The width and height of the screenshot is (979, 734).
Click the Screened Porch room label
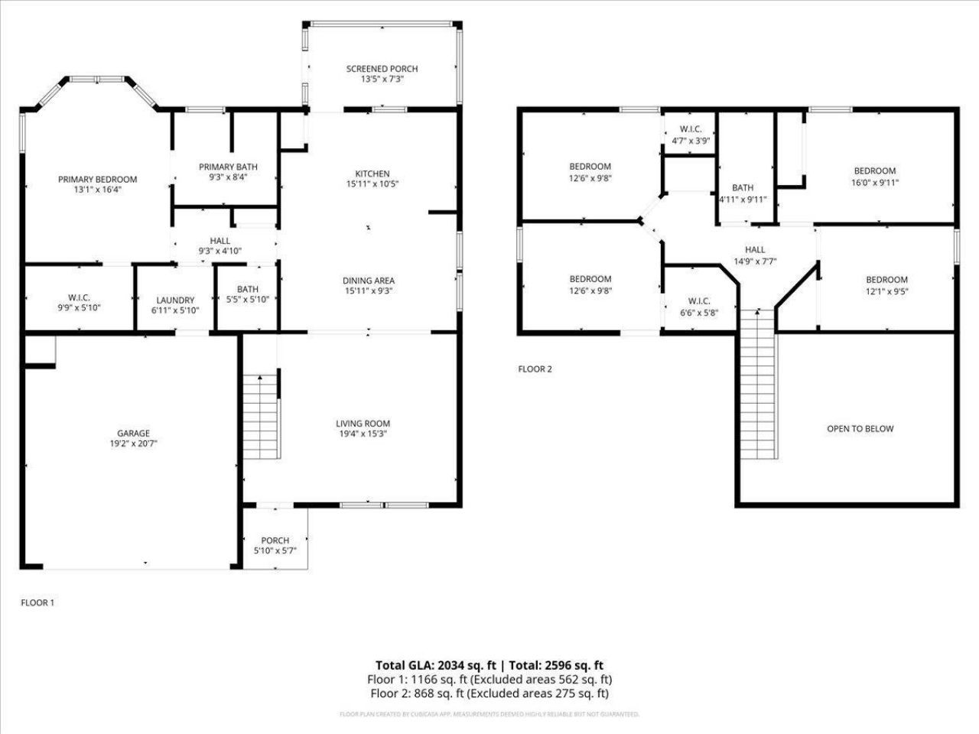pos(382,69)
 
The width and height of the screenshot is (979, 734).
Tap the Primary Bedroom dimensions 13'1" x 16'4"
pos(98,190)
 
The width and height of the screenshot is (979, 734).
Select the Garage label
pos(133,433)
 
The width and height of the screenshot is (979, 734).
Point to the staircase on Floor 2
pos(758,385)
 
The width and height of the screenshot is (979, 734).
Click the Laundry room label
pos(175,300)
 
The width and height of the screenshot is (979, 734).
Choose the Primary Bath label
pos(228,167)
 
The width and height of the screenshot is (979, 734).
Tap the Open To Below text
pos(860,429)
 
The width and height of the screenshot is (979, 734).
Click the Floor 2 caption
pos(535,369)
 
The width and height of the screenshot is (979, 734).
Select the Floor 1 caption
pos(37,602)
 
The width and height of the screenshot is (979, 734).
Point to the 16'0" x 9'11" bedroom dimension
pos(874,183)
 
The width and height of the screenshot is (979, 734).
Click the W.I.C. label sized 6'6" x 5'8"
pos(699,301)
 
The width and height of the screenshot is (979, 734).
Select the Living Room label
pos(363,424)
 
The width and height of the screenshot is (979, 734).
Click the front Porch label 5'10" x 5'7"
pos(275,541)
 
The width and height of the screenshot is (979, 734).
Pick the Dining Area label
pos(369,281)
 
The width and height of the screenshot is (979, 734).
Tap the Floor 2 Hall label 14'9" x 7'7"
pos(755,249)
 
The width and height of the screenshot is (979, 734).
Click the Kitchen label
pos(372,174)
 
